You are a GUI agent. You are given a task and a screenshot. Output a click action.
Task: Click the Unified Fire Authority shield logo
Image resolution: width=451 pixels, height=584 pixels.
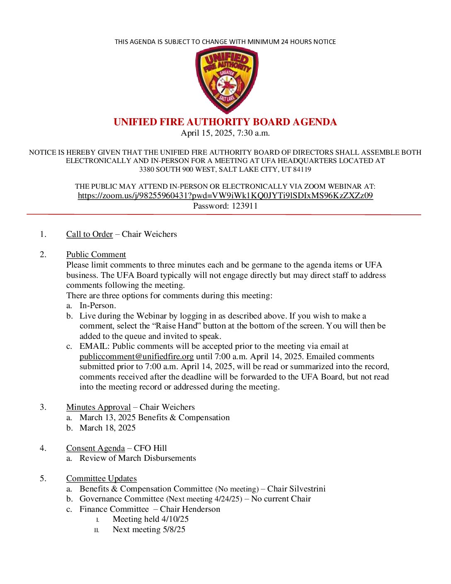(x=226, y=80)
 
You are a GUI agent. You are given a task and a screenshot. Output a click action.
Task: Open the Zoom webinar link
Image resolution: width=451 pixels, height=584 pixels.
(x=225, y=196)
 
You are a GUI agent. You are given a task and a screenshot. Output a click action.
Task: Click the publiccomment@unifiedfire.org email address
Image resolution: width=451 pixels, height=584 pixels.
(x=136, y=357)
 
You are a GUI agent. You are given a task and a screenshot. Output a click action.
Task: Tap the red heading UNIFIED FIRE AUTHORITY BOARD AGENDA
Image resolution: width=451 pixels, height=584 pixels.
(x=225, y=122)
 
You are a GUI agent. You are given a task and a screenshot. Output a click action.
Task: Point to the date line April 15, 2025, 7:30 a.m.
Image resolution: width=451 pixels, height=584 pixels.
(x=225, y=133)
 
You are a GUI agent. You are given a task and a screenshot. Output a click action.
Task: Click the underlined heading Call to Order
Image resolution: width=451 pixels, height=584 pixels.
(x=90, y=234)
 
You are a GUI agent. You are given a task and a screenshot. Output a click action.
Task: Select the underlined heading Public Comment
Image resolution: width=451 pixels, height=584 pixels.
(x=96, y=255)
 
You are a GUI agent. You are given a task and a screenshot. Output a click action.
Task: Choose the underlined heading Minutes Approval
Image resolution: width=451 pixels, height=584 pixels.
(x=98, y=407)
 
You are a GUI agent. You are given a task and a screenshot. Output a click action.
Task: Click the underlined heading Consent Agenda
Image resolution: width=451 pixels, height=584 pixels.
(x=95, y=448)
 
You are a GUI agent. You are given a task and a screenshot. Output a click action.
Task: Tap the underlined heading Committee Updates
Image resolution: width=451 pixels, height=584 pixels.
(x=101, y=479)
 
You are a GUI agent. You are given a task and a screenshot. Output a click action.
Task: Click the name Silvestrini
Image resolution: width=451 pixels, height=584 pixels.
(x=308, y=489)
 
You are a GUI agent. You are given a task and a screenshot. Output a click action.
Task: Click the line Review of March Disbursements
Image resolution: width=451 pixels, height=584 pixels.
(x=138, y=458)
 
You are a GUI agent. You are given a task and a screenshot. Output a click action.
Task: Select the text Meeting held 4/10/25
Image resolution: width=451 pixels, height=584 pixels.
(x=150, y=519)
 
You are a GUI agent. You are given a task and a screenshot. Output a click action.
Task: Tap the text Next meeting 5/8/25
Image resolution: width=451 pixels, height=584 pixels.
(x=149, y=530)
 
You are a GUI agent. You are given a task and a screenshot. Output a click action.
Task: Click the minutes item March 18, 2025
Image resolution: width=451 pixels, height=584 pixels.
(x=107, y=428)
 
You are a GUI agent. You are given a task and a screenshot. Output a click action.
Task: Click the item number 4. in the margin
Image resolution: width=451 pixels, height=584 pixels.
(x=43, y=448)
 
